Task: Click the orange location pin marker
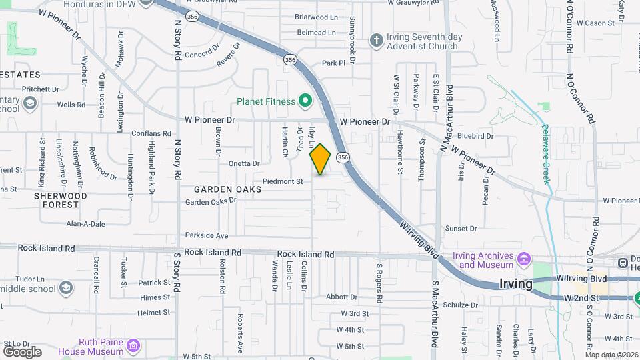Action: point(320,159)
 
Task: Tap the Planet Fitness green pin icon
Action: point(305,101)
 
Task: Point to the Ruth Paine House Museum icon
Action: point(133,345)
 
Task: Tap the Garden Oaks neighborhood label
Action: point(228,189)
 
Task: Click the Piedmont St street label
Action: point(283,181)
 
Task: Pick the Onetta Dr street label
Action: point(244,163)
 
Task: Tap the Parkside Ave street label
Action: point(207,235)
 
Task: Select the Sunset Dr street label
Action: point(461,228)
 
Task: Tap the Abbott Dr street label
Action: point(342,297)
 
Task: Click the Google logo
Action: point(22,351)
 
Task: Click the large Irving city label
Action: point(516,284)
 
